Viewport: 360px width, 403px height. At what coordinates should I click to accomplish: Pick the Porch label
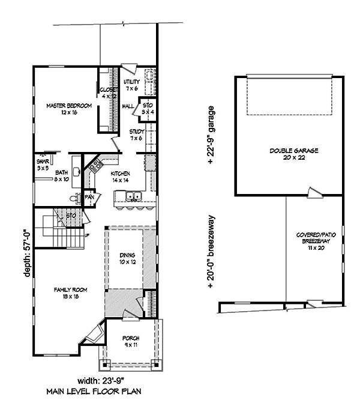click(x=131, y=341)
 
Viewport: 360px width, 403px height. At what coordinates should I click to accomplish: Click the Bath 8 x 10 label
click(x=62, y=175)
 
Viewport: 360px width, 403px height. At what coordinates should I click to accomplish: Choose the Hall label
click(x=128, y=106)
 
